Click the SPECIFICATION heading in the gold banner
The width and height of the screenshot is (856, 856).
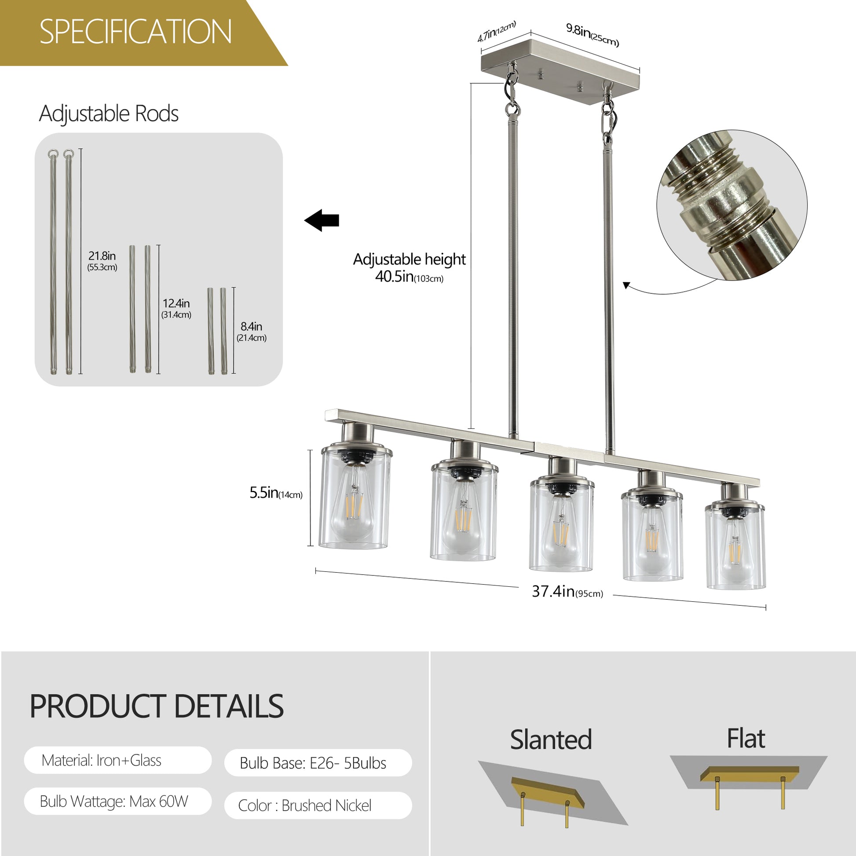coord(135,32)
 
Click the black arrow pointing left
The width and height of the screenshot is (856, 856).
coord(322,220)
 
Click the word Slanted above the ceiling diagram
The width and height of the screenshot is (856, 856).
coord(551,739)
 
